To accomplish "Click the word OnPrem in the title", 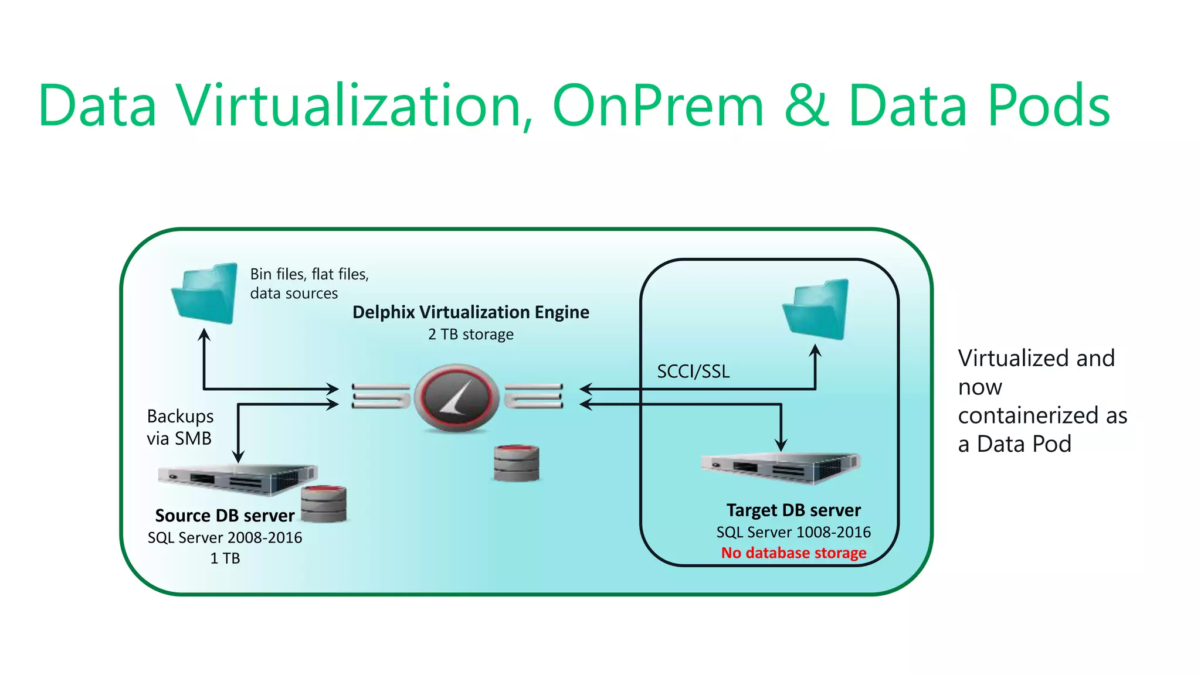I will pyautogui.click(x=658, y=106).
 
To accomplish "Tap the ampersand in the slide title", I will pyautogui.click(x=806, y=106).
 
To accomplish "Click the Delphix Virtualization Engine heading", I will pyautogui.click(x=470, y=312).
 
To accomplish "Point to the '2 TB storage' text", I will pyautogui.click(x=470, y=335).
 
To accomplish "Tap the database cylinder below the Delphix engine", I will pyautogui.click(x=516, y=463).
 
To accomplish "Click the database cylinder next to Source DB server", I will pyautogui.click(x=324, y=504).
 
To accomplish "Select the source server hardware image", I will pyautogui.click(x=238, y=479).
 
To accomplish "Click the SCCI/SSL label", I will pyautogui.click(x=693, y=371).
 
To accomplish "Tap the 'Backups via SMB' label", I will pyautogui.click(x=179, y=427).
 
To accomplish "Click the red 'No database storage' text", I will pyautogui.click(x=793, y=553).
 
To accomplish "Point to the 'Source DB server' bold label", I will pyautogui.click(x=225, y=516).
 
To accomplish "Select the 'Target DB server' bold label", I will pyautogui.click(x=793, y=510).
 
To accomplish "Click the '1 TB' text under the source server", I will pyautogui.click(x=225, y=558).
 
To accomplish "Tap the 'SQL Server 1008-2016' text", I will pyautogui.click(x=793, y=532).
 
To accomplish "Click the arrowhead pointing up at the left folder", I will pyautogui.click(x=204, y=335).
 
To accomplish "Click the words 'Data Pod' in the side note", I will pyautogui.click(x=1024, y=444).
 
